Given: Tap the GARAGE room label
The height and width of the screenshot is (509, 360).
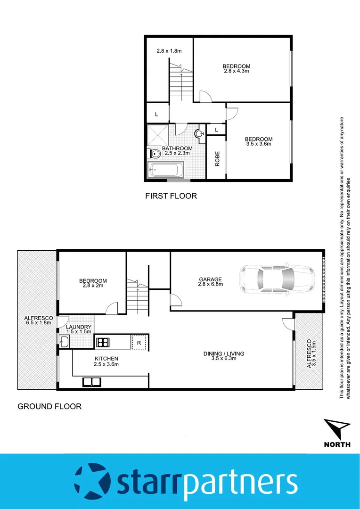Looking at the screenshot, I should [210, 279].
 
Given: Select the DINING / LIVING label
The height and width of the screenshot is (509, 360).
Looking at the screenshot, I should [224, 353].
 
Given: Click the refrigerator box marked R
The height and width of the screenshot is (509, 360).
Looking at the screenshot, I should [139, 342].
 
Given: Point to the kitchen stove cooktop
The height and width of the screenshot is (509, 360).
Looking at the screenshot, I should [103, 342].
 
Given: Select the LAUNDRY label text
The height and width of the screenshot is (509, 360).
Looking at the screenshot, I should [79, 327].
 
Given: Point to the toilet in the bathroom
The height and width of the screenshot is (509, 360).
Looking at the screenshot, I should [155, 154].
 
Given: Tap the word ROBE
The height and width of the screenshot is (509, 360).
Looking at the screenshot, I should [217, 159].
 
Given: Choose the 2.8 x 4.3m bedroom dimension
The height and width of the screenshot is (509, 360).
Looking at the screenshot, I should [237, 71].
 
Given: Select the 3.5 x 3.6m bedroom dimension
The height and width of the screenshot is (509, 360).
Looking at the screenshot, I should [258, 144].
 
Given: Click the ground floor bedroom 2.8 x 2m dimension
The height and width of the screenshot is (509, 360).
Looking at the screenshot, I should [93, 286].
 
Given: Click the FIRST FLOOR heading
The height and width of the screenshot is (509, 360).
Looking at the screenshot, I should [171, 196].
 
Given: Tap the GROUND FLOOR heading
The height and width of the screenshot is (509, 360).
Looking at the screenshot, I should [49, 406].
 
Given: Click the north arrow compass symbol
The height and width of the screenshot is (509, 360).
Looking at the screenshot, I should [337, 429].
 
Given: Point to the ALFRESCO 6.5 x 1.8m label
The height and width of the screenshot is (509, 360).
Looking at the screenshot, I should [39, 321].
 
